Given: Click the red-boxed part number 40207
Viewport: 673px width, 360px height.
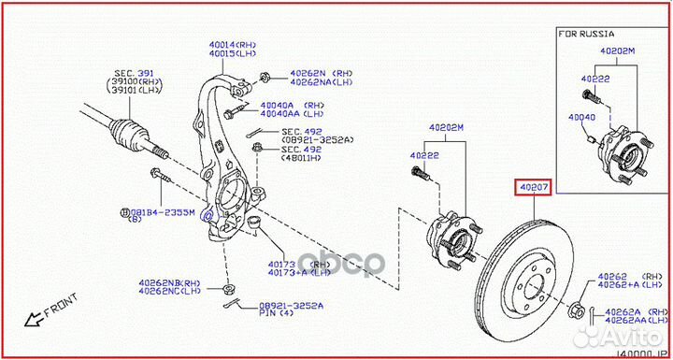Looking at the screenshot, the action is click(x=534, y=188).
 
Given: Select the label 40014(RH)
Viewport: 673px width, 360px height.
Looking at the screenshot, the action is click(x=232, y=44).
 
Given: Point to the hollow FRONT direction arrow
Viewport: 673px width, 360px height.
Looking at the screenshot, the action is click(x=36, y=318).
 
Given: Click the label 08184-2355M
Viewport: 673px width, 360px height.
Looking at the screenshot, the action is click(x=163, y=211).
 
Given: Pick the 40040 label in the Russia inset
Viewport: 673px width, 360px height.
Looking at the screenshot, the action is click(x=582, y=117).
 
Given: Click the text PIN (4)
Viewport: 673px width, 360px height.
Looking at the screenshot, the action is click(x=277, y=313).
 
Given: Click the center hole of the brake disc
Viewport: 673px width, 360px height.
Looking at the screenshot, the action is click(x=534, y=286).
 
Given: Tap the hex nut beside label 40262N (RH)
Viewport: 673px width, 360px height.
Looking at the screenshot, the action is click(x=265, y=79).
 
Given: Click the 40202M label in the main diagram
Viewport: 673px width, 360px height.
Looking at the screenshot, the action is click(x=447, y=127).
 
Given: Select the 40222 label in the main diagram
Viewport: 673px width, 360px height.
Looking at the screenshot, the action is click(x=424, y=155).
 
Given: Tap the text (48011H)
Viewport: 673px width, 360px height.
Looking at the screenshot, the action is click(x=301, y=158).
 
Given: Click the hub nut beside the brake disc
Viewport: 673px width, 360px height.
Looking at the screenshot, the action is click(x=576, y=310).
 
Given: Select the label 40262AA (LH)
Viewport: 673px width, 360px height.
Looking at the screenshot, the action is click(x=637, y=321).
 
